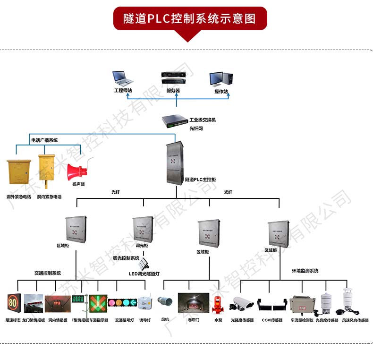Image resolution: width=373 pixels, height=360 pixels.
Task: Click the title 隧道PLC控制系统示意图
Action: click(x=189, y=18)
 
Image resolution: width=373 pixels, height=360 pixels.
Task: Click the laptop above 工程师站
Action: click(x=121, y=78)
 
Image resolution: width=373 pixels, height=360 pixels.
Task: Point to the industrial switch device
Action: click(x=175, y=122)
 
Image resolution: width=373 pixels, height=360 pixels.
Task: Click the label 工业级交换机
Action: click(x=203, y=120)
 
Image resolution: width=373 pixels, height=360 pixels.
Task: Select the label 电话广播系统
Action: click(x=44, y=140)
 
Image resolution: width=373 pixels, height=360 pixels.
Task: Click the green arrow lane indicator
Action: click(x=98, y=303)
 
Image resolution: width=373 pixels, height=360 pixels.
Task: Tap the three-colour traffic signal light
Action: click(x=122, y=302)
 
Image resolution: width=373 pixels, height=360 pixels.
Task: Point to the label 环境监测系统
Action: click(x=305, y=271)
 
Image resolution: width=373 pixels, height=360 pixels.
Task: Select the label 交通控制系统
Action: click(x=48, y=273)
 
